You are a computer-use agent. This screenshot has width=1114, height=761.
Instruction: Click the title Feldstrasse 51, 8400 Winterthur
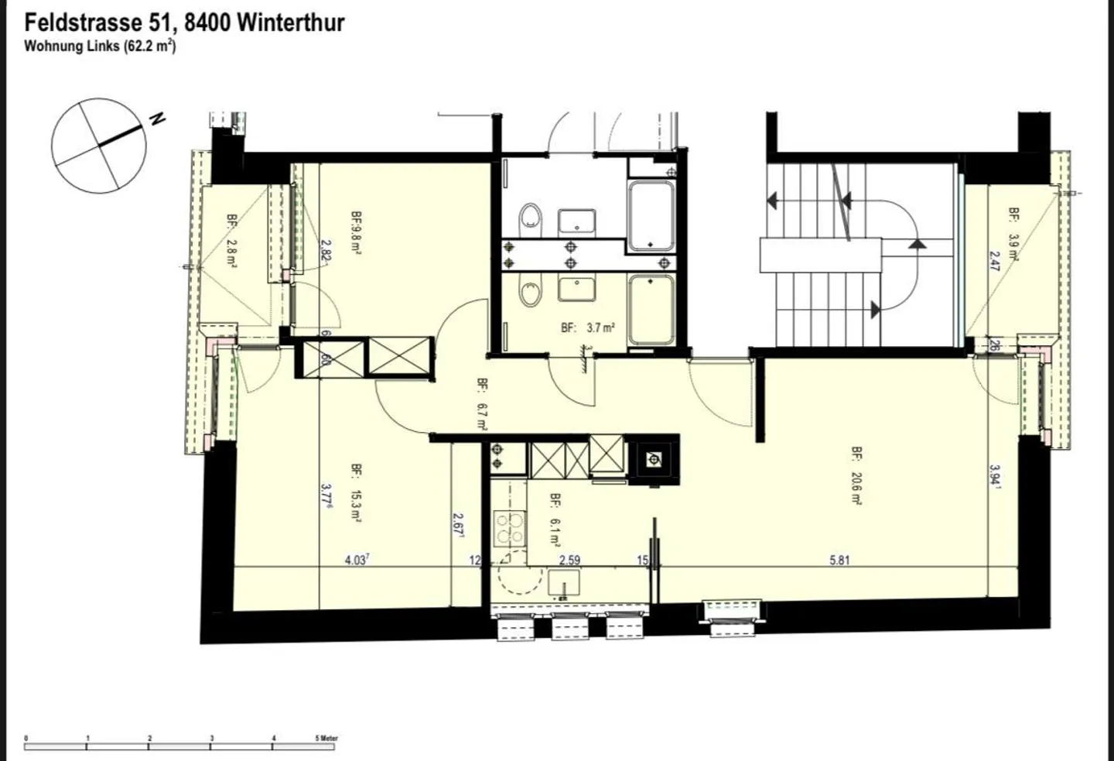click(184, 21)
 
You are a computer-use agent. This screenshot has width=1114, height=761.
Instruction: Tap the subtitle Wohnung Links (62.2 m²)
click(100, 46)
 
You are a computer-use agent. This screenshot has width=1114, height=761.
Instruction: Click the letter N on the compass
click(158, 119)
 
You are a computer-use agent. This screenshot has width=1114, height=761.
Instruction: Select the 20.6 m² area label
click(856, 475)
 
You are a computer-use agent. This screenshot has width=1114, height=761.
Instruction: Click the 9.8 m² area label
click(356, 233)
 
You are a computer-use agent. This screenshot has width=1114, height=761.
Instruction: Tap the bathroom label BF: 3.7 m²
click(588, 327)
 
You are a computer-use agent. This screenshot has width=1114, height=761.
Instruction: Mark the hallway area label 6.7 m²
click(481, 405)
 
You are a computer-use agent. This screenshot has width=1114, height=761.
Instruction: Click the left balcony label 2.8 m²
click(231, 241)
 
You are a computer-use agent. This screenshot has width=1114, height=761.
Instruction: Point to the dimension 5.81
click(839, 560)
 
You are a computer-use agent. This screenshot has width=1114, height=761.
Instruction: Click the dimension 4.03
click(355, 560)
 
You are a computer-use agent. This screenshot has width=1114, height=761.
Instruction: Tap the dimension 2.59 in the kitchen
click(569, 560)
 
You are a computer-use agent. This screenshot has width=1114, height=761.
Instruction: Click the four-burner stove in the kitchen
click(509, 530)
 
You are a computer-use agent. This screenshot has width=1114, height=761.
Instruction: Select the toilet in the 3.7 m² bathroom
click(531, 294)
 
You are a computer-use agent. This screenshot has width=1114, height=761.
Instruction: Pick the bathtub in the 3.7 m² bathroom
click(651, 310)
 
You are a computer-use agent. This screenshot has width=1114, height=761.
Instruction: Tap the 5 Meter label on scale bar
click(326, 738)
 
